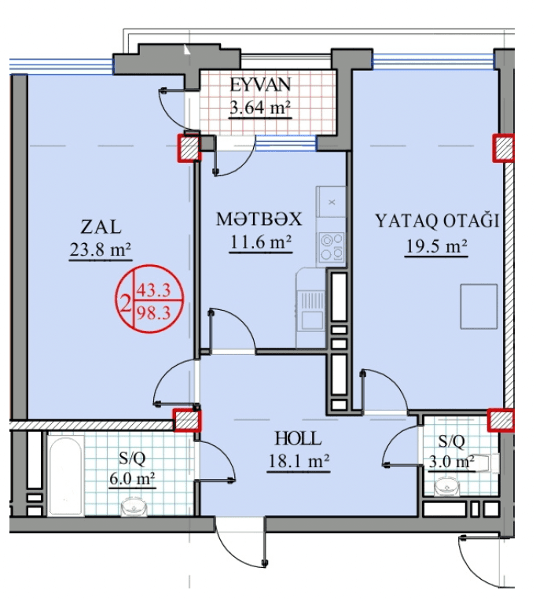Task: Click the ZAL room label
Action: coord(101,227)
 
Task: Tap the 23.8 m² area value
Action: coord(101,250)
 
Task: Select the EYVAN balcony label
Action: coord(260,85)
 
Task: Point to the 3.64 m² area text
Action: coord(260,108)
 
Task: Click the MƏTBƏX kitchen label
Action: coord(259,219)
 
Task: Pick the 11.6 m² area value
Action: coord(261,242)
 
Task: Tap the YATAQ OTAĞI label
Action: coord(437,220)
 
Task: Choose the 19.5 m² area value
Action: coord(436,246)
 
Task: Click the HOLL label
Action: coord(298,438)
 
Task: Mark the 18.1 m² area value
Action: coord(299,461)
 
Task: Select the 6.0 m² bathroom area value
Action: coord(132,479)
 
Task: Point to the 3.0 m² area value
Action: coord(451,462)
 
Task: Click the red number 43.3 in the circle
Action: coord(153,289)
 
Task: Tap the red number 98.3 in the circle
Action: coord(153,314)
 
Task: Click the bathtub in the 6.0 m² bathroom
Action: coord(66,475)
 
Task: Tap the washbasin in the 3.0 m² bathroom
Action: coord(447,486)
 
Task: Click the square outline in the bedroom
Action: coord(479,306)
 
